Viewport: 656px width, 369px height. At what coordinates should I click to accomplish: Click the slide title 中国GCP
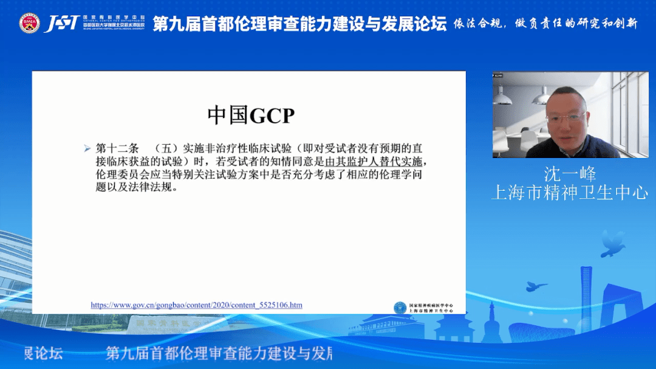point(250,115)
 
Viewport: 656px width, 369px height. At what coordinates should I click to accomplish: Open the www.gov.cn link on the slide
point(196,305)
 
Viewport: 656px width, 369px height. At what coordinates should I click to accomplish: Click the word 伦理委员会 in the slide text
point(117,175)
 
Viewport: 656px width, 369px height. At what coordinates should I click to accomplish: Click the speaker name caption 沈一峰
point(570,174)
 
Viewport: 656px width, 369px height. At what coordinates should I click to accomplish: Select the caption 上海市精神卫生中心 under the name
point(569,193)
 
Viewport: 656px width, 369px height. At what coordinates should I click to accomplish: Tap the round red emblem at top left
point(29,23)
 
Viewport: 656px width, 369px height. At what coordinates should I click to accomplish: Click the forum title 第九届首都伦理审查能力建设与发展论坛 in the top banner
point(299,24)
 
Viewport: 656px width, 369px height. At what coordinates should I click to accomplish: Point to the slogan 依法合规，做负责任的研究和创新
point(545,24)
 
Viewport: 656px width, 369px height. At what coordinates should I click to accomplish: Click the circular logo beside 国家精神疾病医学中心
point(400,308)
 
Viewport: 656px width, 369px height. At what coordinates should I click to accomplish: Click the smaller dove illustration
point(536,286)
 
